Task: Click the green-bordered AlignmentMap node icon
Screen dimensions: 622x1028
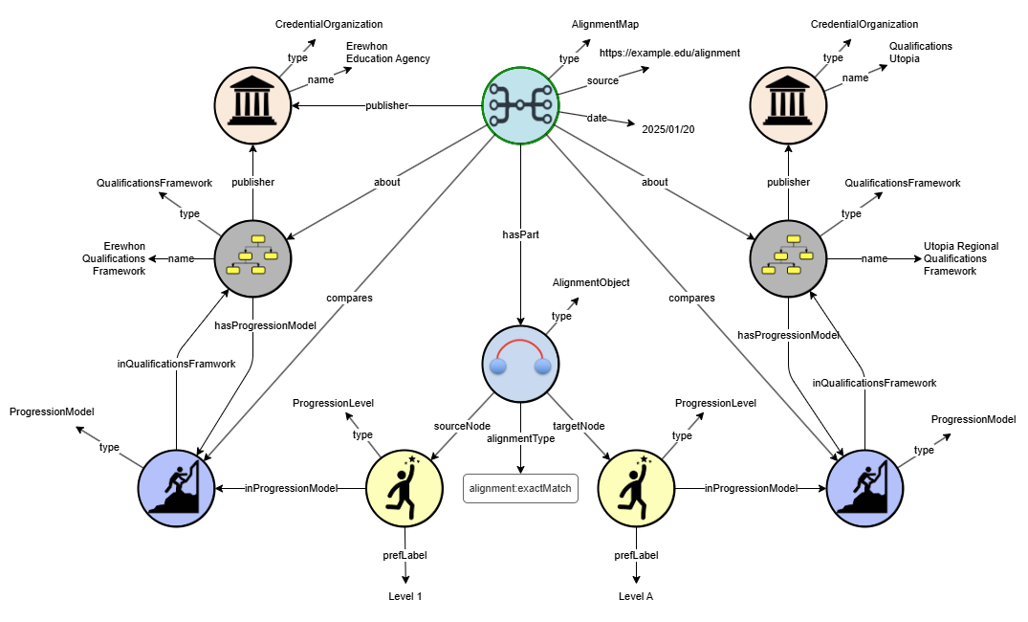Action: (518, 104)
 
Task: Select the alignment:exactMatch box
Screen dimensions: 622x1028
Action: (520, 488)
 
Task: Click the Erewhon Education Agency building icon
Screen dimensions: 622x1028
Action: (253, 104)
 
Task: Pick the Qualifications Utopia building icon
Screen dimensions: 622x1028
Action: (789, 104)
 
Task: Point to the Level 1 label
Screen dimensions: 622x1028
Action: (405, 596)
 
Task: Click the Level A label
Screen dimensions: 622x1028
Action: (636, 596)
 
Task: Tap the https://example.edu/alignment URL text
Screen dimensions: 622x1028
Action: (669, 53)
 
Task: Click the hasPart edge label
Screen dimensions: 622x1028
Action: (520, 233)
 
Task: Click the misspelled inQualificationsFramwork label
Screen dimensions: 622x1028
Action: (177, 364)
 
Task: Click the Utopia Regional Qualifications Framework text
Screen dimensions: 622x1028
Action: (961, 258)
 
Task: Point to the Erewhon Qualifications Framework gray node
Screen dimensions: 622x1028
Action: (252, 257)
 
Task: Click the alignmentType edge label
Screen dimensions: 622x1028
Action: (520, 438)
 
